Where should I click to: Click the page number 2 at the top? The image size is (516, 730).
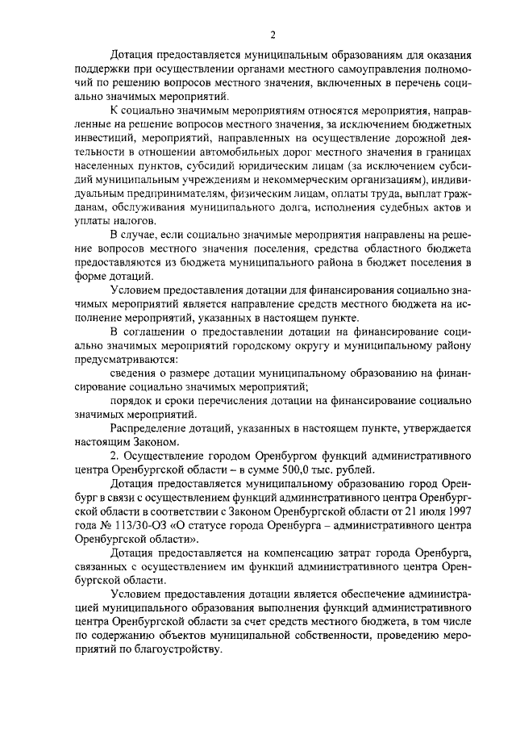pyautogui.click(x=273, y=35)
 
